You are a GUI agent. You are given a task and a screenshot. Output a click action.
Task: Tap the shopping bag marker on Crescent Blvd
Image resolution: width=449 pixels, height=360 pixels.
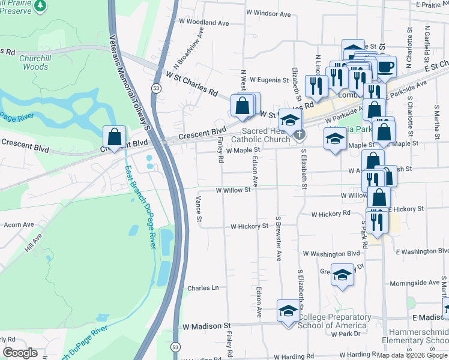(114, 137)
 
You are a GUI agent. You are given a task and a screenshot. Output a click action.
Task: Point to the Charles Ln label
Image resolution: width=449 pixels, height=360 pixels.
(203, 288)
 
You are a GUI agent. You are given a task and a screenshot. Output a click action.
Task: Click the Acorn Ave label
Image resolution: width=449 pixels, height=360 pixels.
(19, 224)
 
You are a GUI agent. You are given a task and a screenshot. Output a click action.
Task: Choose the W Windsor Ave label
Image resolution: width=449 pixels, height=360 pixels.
(268, 13)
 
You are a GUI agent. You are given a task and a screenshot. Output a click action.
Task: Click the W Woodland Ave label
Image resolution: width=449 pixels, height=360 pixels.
(204, 23)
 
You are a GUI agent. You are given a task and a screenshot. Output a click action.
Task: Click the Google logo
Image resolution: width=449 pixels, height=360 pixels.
(19, 353)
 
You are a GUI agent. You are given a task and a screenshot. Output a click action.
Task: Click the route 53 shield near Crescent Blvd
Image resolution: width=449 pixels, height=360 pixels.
(156, 88)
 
